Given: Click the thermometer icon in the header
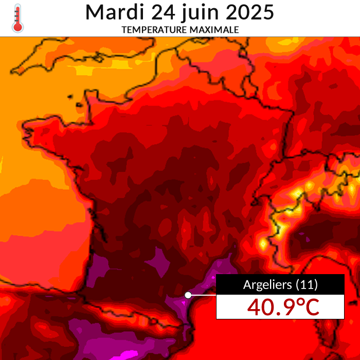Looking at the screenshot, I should [x=18, y=18].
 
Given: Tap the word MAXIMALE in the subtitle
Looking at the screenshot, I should [x=214, y=30].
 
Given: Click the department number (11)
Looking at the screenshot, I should [x=307, y=284].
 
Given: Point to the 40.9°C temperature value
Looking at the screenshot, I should [x=283, y=307].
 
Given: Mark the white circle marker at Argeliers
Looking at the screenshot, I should [x=188, y=295].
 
